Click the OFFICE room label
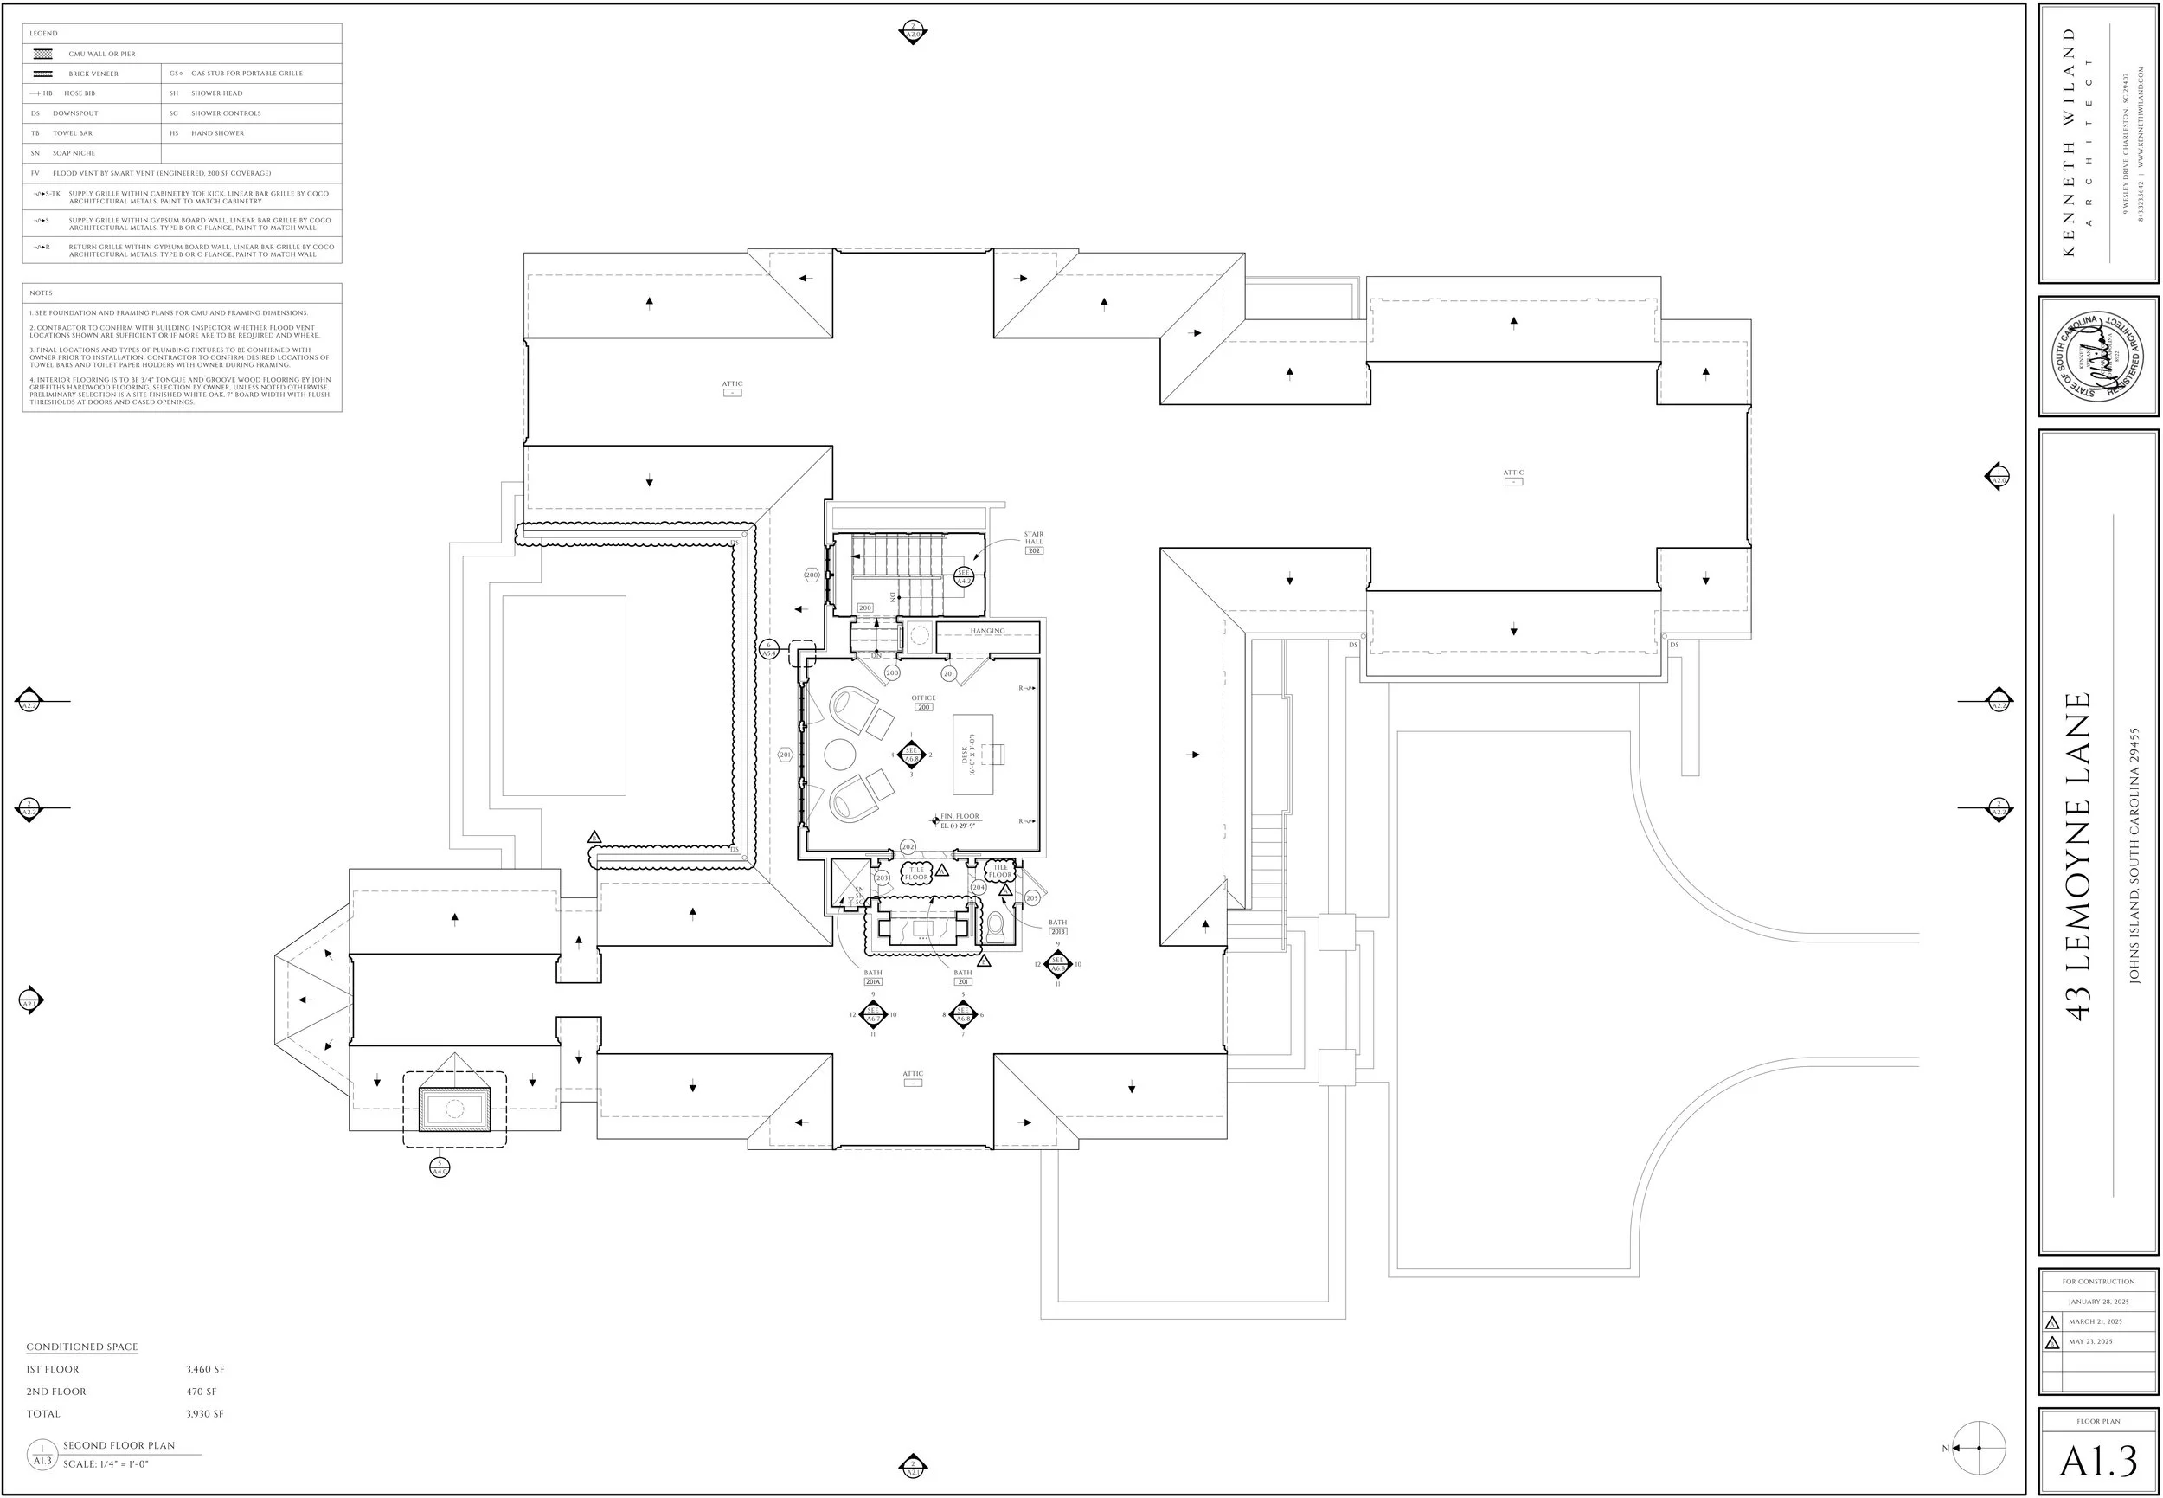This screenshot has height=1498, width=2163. pos(923,698)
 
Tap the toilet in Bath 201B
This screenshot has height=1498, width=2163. pos(996,928)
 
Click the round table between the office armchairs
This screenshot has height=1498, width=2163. pos(840,754)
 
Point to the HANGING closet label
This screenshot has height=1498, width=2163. pos(987,631)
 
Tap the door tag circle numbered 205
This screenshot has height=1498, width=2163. pos(1032,898)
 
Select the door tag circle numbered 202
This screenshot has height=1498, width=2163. pos(908,846)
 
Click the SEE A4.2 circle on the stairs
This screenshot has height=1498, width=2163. pos(963,576)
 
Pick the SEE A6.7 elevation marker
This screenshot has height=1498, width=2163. pos(873,1014)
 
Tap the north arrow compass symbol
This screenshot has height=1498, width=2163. pos(1979,1449)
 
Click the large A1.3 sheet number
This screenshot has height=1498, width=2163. pos(2098,1461)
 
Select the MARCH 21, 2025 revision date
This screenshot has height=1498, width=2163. pos(2096,1321)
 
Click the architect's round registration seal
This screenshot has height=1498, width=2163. pos(2097,357)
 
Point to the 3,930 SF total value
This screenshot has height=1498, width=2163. pos(204,1413)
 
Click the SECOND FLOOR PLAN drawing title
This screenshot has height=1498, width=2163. pos(119,1445)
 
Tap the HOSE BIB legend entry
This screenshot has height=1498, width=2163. pos(79,93)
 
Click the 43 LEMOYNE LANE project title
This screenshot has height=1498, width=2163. pos(2079,856)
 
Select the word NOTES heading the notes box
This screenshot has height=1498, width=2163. pos(42,293)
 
